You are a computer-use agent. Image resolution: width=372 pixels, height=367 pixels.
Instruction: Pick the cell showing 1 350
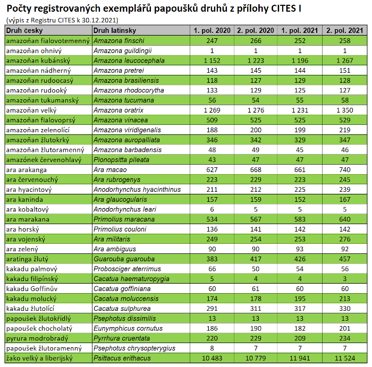pos(345,110)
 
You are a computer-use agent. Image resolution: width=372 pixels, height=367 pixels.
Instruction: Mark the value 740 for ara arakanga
pos(345,170)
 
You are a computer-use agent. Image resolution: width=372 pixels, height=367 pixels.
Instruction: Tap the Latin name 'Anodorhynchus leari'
pos(124,209)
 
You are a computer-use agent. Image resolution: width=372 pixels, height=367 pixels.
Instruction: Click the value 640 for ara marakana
pos(345,219)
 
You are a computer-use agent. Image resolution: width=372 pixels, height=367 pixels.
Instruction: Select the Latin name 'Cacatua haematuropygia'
pos(131,279)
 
